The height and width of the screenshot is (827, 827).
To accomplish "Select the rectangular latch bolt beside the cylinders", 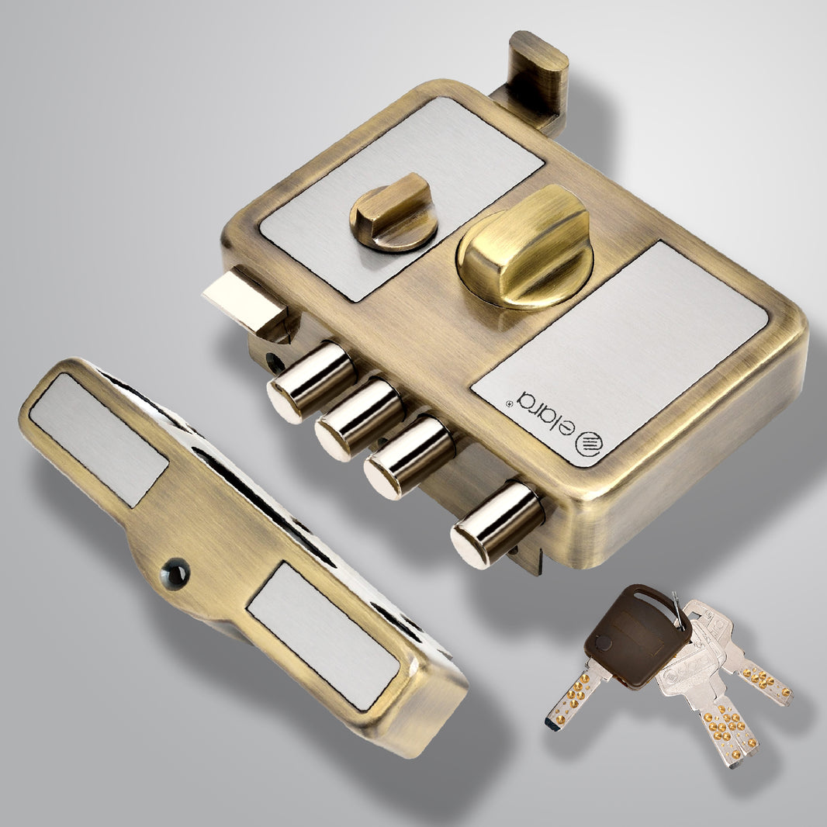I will [243, 303].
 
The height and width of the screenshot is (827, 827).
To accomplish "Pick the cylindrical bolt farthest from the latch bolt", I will [497, 523].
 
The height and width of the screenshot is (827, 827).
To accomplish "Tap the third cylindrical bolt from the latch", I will [409, 457].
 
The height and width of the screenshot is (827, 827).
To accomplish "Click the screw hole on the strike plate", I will [175, 574].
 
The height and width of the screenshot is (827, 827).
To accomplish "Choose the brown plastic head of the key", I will [636, 635].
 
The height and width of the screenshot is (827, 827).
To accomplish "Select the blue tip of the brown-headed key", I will [553, 724].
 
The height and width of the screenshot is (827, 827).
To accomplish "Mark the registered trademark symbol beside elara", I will [508, 403].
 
